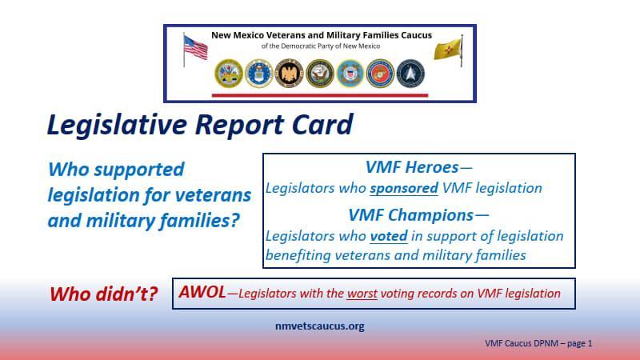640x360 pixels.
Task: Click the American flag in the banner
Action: coord(194,48)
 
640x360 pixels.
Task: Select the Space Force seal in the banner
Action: coord(410,74)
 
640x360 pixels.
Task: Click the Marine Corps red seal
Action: coord(380,74)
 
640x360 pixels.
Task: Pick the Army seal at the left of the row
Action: coord(227,74)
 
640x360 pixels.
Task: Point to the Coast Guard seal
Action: coord(350,74)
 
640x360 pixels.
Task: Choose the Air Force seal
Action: coord(258,74)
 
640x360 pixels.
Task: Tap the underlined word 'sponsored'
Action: coord(403,189)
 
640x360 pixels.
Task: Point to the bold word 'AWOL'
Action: coord(202,293)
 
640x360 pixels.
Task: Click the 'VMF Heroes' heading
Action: coord(411,168)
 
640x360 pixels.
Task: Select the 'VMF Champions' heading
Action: coord(411,215)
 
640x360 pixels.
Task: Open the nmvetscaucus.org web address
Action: coord(319,326)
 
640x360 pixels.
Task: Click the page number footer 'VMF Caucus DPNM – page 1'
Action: coord(538,343)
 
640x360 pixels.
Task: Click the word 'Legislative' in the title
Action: coord(122,126)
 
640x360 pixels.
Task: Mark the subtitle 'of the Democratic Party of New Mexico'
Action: coord(320,46)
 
